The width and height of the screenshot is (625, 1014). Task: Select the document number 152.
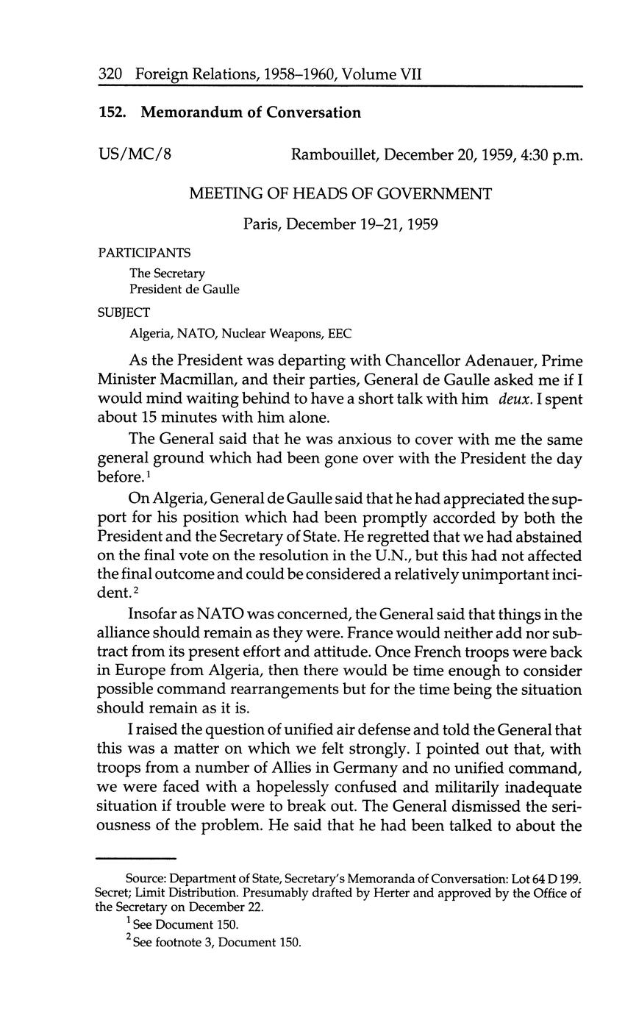[x=113, y=113]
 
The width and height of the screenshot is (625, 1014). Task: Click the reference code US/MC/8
[x=135, y=154]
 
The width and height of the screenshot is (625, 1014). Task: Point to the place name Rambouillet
[x=334, y=154]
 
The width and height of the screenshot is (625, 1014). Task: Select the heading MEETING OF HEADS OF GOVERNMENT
[x=340, y=194]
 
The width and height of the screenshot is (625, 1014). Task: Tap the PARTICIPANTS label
[x=144, y=253]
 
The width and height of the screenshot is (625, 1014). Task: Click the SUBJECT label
[x=124, y=312]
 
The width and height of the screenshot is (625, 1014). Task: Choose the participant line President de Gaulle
[x=185, y=289]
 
